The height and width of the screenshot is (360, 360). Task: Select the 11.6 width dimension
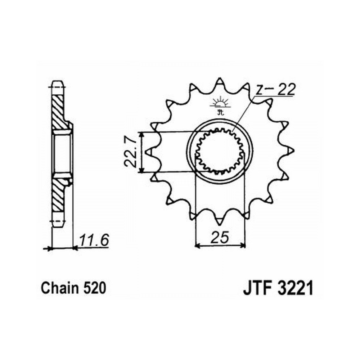pos(94,240)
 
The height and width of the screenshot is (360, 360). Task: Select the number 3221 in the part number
pos(295,288)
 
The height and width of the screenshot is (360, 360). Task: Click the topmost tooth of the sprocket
pos(220,82)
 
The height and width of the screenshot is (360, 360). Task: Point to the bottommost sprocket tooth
pos(220,221)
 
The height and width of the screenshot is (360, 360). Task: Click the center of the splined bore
pos(220,152)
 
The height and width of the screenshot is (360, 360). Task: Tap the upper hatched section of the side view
pos(58,112)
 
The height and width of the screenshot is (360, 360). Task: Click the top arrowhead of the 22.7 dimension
pos(142,135)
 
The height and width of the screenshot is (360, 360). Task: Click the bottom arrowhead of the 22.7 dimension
pos(142,170)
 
